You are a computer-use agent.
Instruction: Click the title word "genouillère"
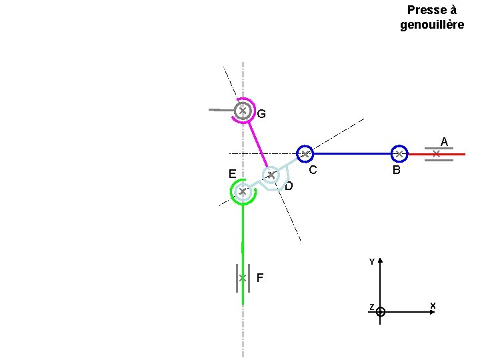[x=432, y=25]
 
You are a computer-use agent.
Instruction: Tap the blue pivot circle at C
[x=305, y=147]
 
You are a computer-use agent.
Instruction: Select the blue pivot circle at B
[x=399, y=146]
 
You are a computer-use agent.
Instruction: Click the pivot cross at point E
[x=243, y=192]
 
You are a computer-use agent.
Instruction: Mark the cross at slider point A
[x=437, y=154]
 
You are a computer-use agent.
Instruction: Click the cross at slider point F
[x=243, y=278]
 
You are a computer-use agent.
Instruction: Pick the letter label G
[x=261, y=114]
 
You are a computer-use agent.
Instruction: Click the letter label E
[x=233, y=174]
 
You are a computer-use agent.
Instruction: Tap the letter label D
[x=289, y=186]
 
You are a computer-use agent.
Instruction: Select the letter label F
[x=260, y=277]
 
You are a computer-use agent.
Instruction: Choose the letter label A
[x=444, y=142]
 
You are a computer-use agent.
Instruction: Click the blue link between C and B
[x=353, y=154]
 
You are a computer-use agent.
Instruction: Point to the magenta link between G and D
[x=258, y=145]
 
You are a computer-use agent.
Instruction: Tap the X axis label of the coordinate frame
[x=433, y=305]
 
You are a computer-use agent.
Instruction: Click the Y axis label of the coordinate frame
[x=372, y=262]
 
